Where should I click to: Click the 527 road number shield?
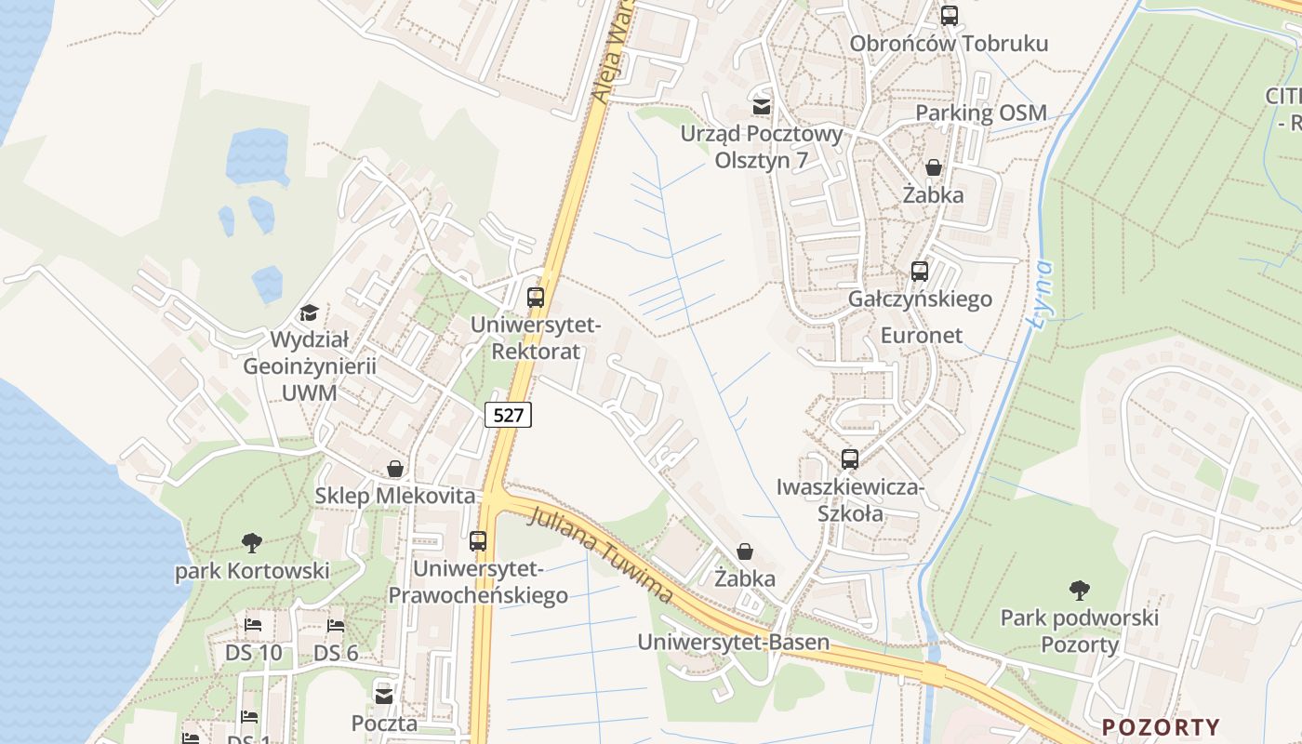pos(508,415)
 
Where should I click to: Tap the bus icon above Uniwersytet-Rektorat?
pos(536,298)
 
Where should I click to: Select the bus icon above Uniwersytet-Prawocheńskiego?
pos(478,540)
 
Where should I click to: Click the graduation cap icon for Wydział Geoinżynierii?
pos(309,312)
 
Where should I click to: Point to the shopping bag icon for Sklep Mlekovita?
pos(395,469)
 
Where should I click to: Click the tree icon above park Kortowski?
pos(251,542)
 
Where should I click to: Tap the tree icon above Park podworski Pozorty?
pos(1079,590)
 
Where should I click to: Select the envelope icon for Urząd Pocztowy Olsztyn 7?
pos(762,106)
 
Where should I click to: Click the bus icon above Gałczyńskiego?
pos(920,272)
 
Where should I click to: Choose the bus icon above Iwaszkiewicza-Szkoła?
pos(850,458)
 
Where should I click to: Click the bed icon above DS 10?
pos(253,625)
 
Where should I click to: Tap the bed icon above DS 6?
pos(336,625)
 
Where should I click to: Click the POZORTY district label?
pos(1161,727)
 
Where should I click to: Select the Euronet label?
pos(921,335)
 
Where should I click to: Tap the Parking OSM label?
pos(981,113)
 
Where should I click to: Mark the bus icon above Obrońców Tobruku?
pos(949,16)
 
